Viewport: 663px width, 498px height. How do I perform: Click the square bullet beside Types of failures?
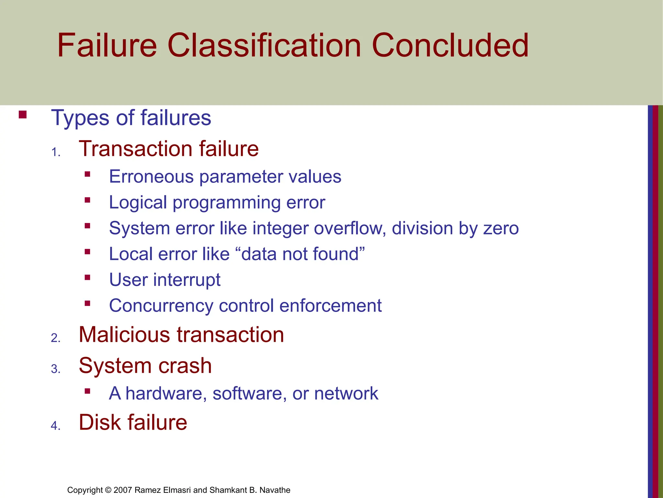point(22,115)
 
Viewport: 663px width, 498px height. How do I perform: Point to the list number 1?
point(56,152)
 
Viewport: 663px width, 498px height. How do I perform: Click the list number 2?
point(56,338)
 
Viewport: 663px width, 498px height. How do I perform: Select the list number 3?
point(56,369)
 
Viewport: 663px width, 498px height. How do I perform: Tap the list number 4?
point(56,425)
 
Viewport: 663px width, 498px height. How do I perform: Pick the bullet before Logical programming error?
point(87,200)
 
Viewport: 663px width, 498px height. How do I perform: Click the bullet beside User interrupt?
point(87,277)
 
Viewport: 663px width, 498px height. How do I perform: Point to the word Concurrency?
point(161,306)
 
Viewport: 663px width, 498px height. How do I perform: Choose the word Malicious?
point(124,335)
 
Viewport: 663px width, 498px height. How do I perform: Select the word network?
point(346,394)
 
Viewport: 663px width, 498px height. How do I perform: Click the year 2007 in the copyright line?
point(123,490)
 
